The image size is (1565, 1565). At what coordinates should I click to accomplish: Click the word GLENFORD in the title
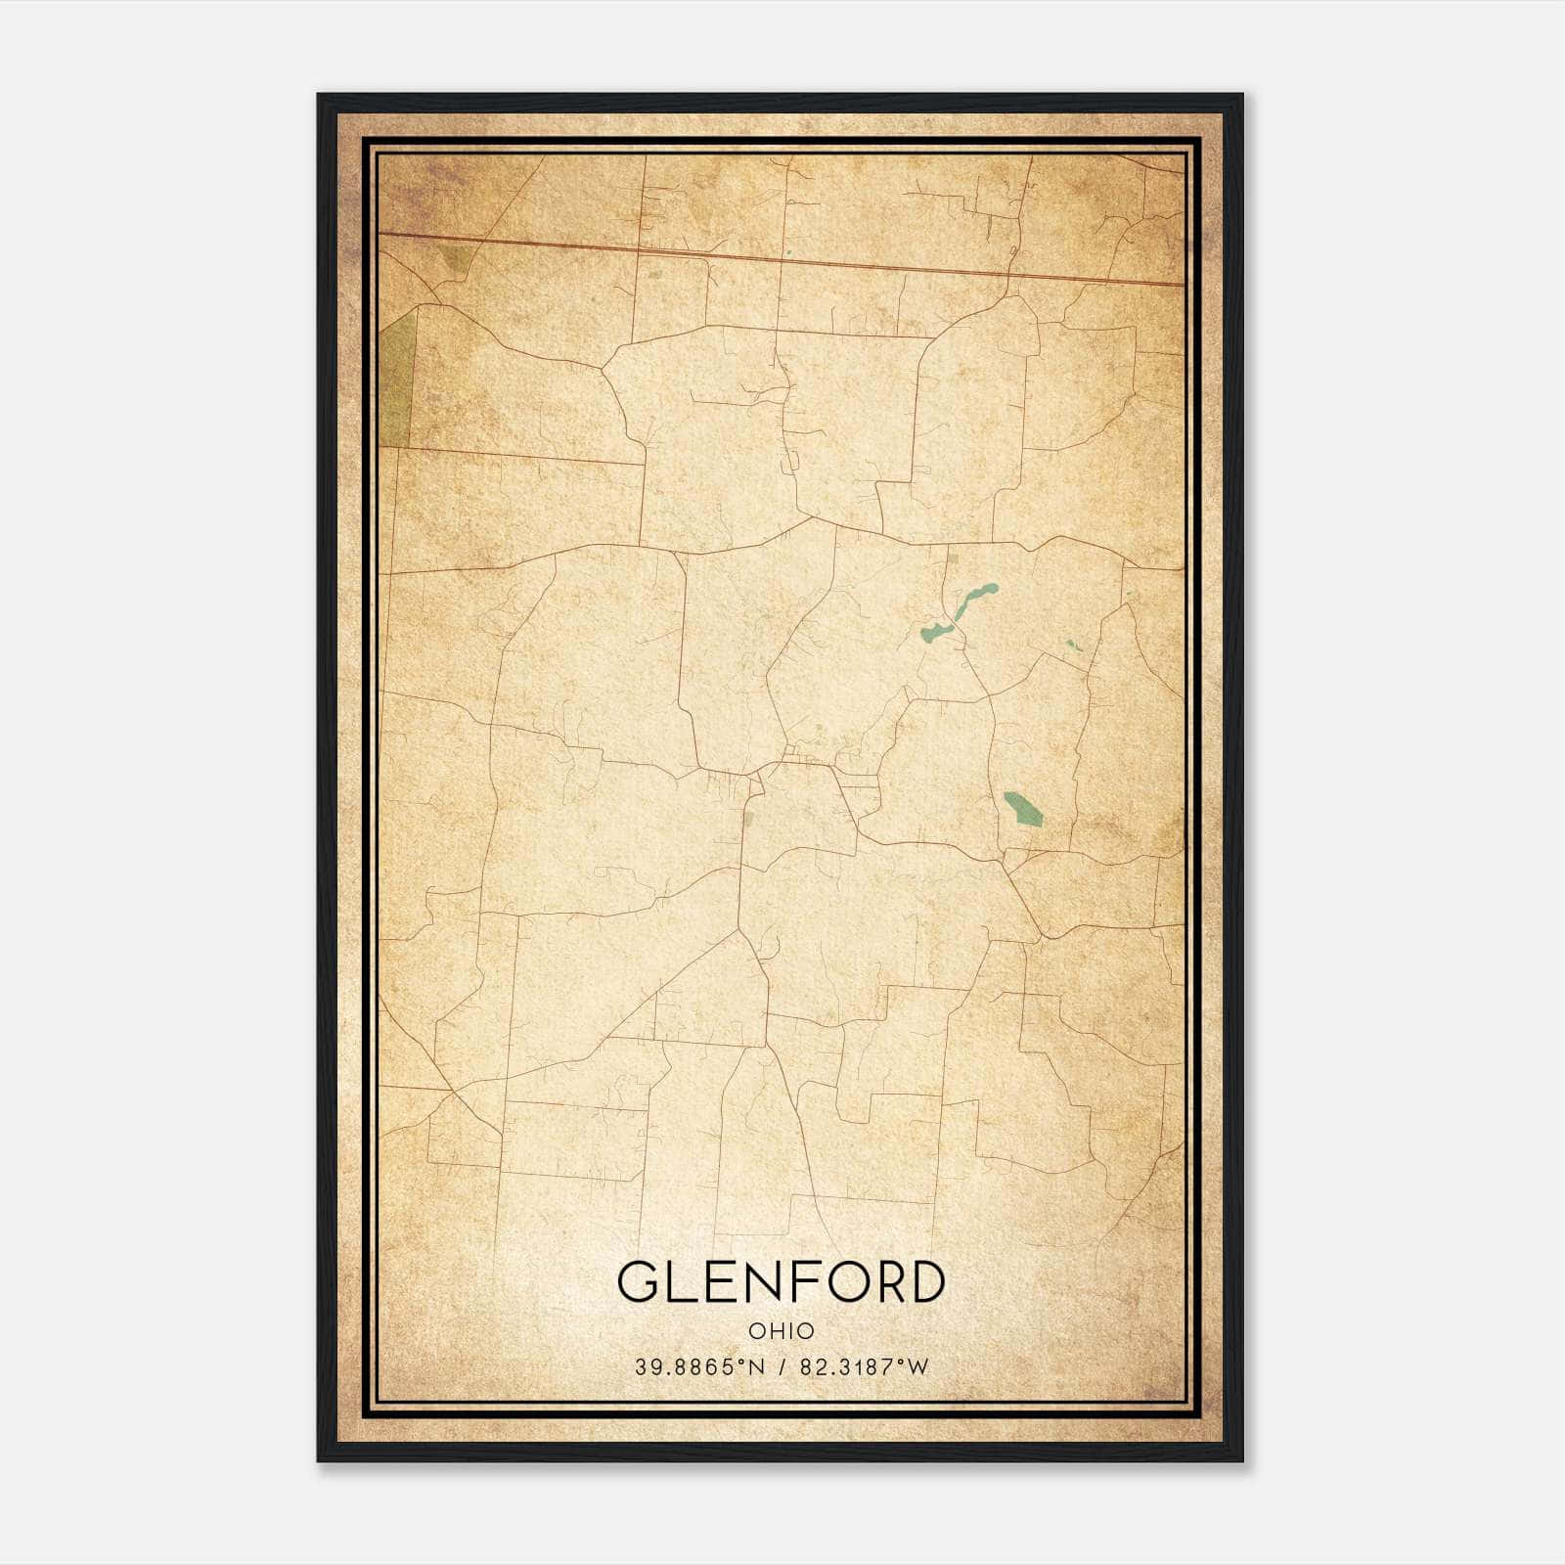coord(781,1282)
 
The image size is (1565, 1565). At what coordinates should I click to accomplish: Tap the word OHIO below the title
coord(781,1331)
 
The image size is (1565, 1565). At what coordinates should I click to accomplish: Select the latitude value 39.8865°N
coord(699,1367)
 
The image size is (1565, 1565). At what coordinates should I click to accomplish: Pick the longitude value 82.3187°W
coord(864,1367)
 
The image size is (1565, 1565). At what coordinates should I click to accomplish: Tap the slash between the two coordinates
coord(782,1367)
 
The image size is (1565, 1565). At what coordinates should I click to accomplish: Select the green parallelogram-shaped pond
coord(1021,809)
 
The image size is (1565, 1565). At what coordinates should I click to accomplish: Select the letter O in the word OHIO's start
coord(755,1331)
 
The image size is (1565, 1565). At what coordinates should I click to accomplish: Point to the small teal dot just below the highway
coord(788,253)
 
